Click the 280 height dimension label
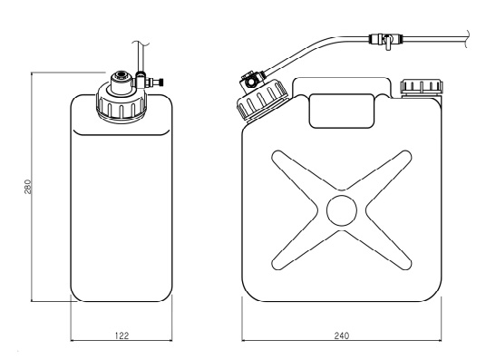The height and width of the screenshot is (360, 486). tap(28, 187)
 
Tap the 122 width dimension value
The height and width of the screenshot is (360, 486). tap(121, 336)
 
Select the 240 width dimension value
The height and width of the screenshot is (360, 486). tap(342, 336)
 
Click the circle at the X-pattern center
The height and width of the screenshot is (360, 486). tap(342, 210)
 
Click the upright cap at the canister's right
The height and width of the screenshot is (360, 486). tap(422, 87)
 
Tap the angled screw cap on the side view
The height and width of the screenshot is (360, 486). tap(262, 99)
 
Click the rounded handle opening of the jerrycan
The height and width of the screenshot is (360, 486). tap(342, 111)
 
